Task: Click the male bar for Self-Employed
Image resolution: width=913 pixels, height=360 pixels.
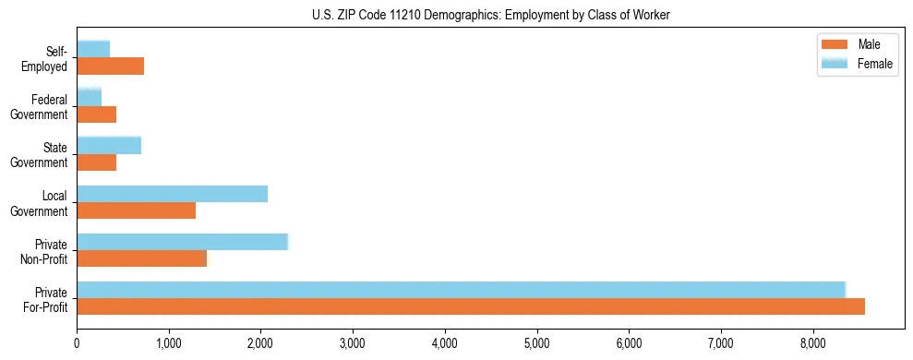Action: point(110,66)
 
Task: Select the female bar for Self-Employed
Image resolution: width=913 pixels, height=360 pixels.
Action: point(93,49)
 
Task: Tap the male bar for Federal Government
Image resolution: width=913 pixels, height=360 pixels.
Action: point(96,114)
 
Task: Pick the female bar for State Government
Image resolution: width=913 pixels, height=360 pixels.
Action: point(109,145)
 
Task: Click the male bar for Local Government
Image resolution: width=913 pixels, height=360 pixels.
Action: point(136,210)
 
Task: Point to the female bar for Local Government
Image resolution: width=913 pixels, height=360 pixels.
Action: point(172,193)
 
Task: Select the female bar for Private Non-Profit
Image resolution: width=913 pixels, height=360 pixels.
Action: point(182,242)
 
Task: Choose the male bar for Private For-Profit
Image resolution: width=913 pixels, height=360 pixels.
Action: point(470,306)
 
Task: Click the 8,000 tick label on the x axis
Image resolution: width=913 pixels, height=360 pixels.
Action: point(812,343)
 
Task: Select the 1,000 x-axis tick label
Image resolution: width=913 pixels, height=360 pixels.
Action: point(169,343)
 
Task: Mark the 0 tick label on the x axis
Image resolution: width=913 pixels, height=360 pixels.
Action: point(77,343)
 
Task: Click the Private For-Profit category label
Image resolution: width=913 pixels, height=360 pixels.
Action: point(45,299)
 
